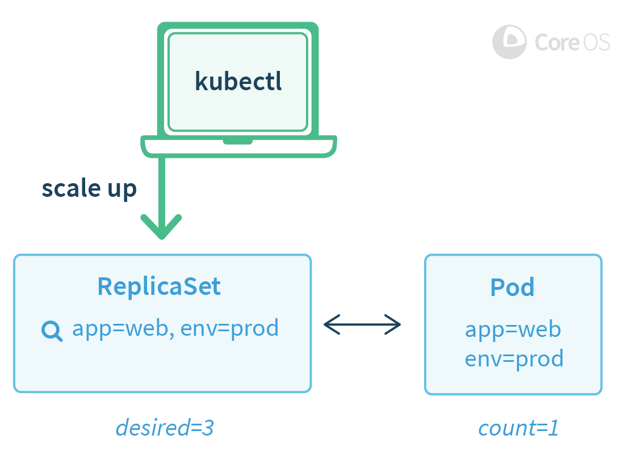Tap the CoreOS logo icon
point(509,42)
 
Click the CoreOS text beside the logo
point(572,42)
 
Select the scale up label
point(89,189)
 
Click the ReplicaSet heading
point(159,286)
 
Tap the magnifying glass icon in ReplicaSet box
point(52,331)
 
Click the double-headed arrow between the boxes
point(362,325)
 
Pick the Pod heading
point(513,288)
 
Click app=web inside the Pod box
point(513,330)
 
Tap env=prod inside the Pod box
point(514,359)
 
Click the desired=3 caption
point(165,428)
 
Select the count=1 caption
point(518,428)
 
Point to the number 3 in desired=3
point(207,428)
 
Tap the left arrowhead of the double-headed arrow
point(330,325)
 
